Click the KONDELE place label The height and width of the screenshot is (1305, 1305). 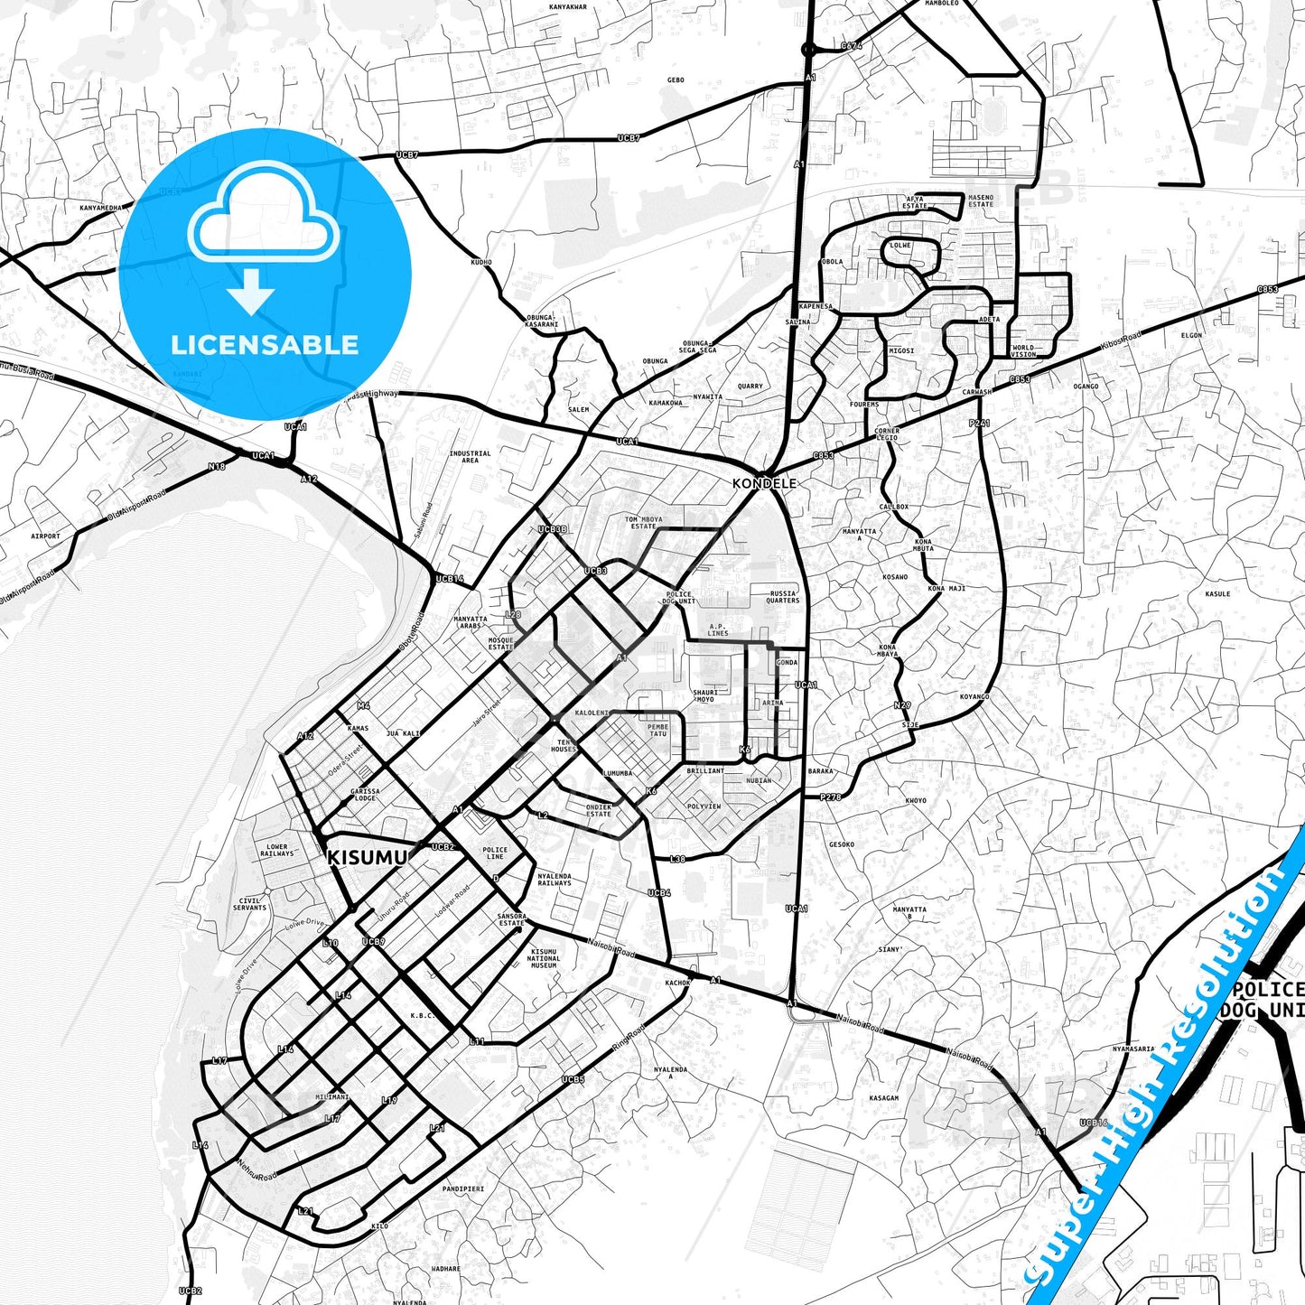tap(764, 484)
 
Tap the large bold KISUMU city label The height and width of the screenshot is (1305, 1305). tap(367, 857)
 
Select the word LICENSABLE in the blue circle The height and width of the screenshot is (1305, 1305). tap(265, 345)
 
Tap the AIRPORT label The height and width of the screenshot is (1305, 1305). tap(45, 536)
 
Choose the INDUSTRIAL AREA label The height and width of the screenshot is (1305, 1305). tap(470, 457)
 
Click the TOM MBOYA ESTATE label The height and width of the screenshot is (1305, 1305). tap(644, 523)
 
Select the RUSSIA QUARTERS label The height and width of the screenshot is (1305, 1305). tap(782, 597)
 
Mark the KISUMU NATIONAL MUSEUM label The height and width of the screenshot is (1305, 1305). tap(544, 958)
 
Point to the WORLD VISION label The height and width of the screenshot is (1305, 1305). tap(1023, 350)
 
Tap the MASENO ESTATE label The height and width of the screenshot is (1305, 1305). tap(980, 200)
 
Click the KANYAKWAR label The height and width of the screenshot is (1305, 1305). tap(568, 7)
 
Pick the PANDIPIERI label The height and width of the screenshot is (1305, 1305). tap(463, 1188)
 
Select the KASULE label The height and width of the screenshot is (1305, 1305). tap(1217, 593)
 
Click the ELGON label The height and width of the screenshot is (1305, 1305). tap(1191, 335)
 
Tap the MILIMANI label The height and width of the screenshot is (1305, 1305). tap(332, 1096)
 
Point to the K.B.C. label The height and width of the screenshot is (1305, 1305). tap(423, 1015)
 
